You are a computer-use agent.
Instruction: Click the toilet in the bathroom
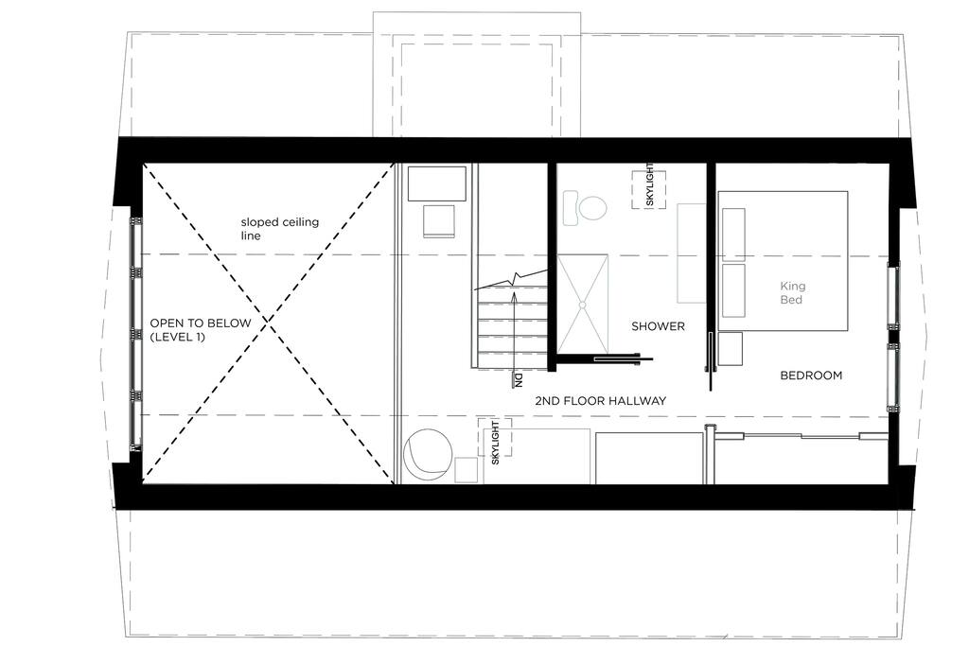[585, 207]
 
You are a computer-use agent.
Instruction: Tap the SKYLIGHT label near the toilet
[649, 184]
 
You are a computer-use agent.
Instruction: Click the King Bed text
[792, 293]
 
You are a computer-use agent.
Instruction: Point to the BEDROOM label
[811, 375]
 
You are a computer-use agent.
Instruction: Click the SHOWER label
[658, 326]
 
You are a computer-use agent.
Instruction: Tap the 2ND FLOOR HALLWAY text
[601, 401]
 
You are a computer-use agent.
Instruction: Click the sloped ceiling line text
[279, 229]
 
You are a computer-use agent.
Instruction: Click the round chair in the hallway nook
[427, 455]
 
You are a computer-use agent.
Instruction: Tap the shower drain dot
[582, 305]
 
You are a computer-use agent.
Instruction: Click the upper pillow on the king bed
[733, 234]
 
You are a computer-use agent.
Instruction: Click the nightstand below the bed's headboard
[730, 349]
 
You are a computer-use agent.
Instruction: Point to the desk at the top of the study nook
[437, 183]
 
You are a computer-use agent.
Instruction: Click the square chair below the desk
[439, 221]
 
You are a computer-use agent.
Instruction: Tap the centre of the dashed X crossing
[268, 322]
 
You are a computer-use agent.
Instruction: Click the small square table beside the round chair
[466, 470]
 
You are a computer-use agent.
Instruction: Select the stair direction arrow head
[513, 294]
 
